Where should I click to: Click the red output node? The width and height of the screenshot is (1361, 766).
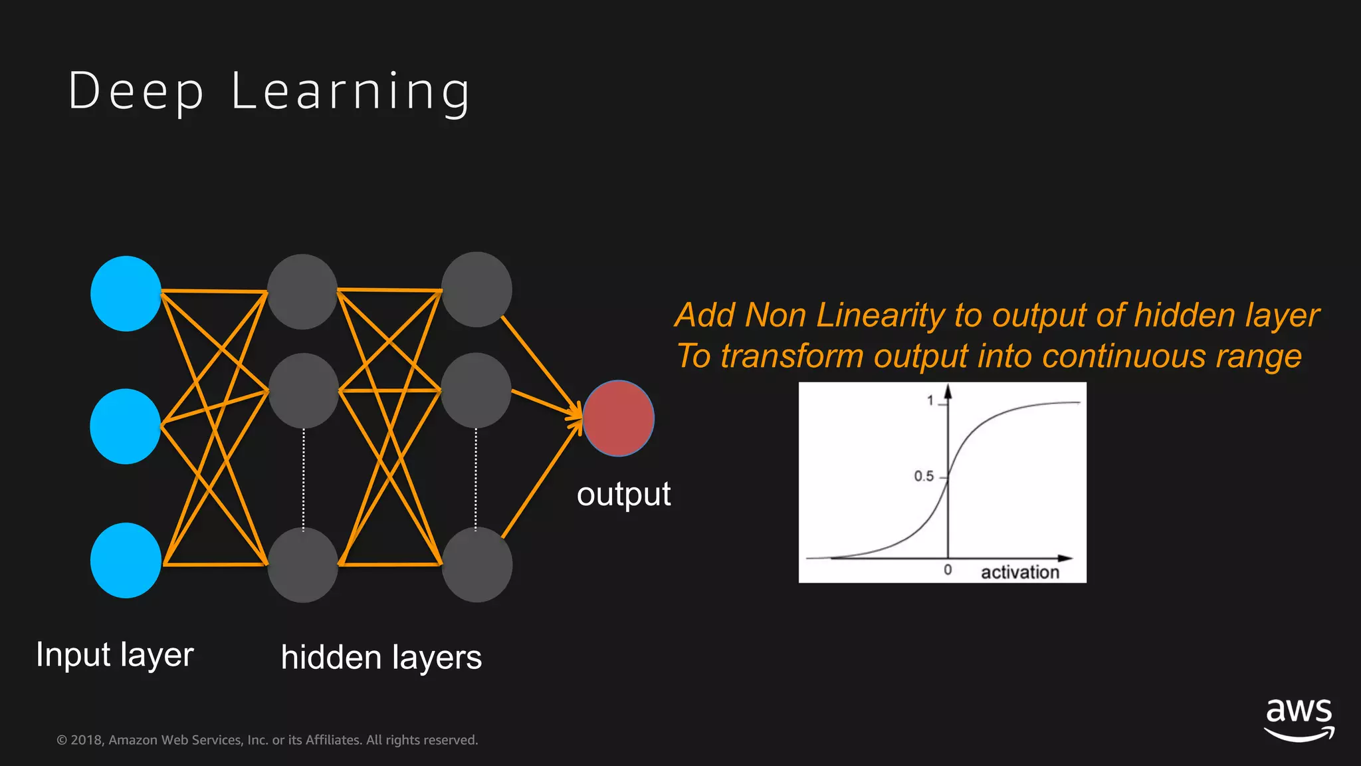pyautogui.click(x=618, y=418)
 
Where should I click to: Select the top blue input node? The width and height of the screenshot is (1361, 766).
pyautogui.click(x=126, y=293)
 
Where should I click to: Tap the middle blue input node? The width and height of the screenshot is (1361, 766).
pyautogui.click(x=126, y=426)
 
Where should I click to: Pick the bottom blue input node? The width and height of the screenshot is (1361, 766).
pyautogui.click(x=126, y=560)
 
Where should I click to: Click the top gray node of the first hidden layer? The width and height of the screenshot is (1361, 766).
pyautogui.click(x=302, y=291)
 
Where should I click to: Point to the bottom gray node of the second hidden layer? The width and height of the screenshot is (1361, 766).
pyautogui.click(x=477, y=565)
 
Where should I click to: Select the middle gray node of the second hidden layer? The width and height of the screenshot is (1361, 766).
pyautogui.click(x=476, y=390)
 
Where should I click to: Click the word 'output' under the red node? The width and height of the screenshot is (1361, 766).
pyautogui.click(x=623, y=495)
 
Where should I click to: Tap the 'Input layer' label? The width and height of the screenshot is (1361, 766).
pyautogui.click(x=115, y=655)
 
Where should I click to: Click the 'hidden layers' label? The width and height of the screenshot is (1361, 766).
pyautogui.click(x=381, y=658)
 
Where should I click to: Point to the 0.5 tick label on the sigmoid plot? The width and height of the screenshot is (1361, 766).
pyautogui.click(x=924, y=476)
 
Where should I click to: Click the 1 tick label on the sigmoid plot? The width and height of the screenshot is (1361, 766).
pyautogui.click(x=930, y=400)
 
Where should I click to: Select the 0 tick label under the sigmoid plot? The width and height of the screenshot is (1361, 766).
pyautogui.click(x=948, y=570)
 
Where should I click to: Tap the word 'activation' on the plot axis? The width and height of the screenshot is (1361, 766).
pyautogui.click(x=1020, y=572)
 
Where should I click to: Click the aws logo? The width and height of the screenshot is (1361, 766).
pyautogui.click(x=1299, y=719)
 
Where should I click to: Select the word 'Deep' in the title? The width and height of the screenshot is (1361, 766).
pyautogui.click(x=136, y=91)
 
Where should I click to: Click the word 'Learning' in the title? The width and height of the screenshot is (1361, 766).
pyautogui.click(x=351, y=92)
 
